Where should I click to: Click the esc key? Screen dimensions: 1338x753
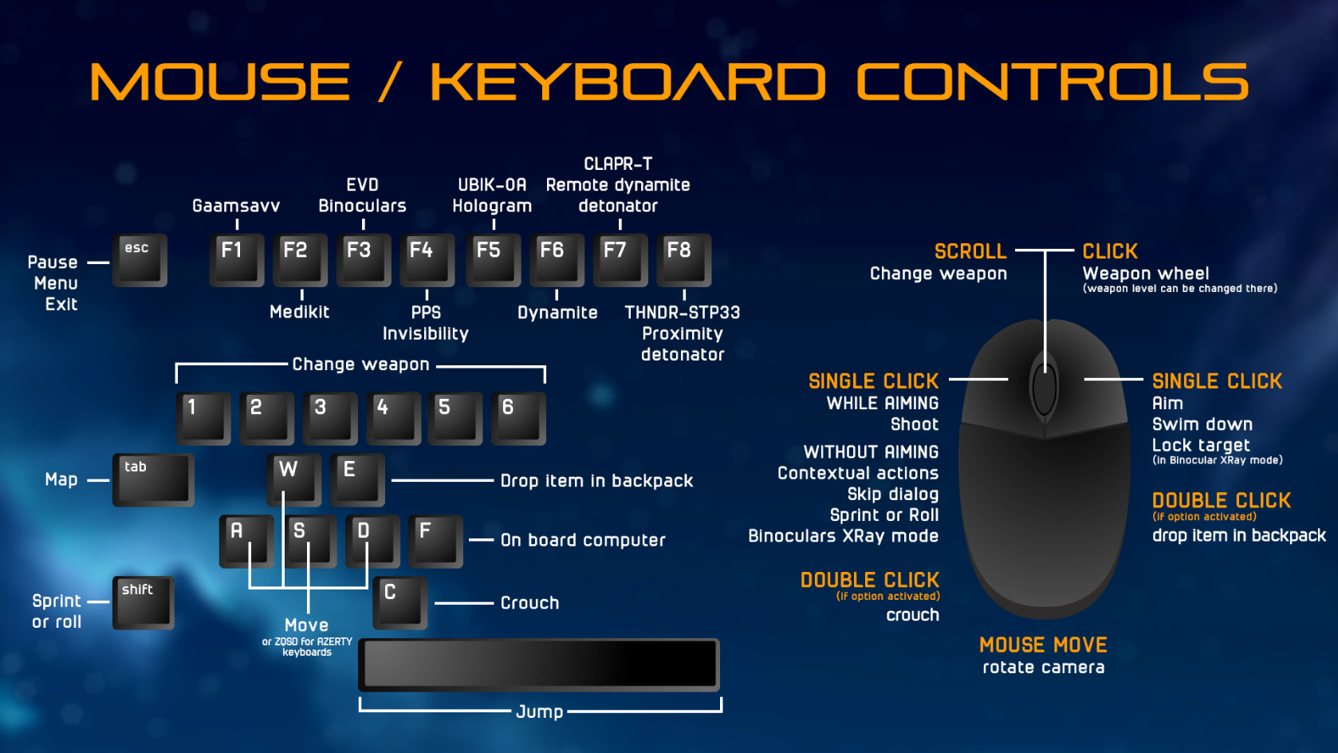[x=140, y=261]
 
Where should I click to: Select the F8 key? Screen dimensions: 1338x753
[x=684, y=261]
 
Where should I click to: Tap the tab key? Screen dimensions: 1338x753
[x=154, y=480]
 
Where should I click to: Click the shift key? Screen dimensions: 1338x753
[x=144, y=603]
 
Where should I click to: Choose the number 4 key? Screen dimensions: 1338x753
[x=394, y=418]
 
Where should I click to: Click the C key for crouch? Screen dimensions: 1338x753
[x=400, y=603]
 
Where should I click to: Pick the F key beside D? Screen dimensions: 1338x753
[x=435, y=542]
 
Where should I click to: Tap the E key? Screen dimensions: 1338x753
[x=357, y=480]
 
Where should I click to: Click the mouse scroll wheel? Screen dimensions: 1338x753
[x=1044, y=388]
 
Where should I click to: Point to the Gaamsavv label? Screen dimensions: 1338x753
[x=236, y=207]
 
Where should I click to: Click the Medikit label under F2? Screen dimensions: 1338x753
[x=299, y=311]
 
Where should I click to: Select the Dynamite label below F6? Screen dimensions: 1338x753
[x=557, y=313]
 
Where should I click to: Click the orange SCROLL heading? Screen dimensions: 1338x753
[x=970, y=251]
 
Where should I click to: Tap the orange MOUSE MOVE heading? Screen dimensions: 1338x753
[x=1043, y=645]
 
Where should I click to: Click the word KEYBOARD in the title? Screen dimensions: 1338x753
[x=628, y=82]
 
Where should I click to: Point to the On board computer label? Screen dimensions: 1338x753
[x=583, y=540]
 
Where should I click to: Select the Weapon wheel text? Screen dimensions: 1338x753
[x=1146, y=274]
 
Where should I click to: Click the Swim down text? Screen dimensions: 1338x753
[x=1202, y=424]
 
